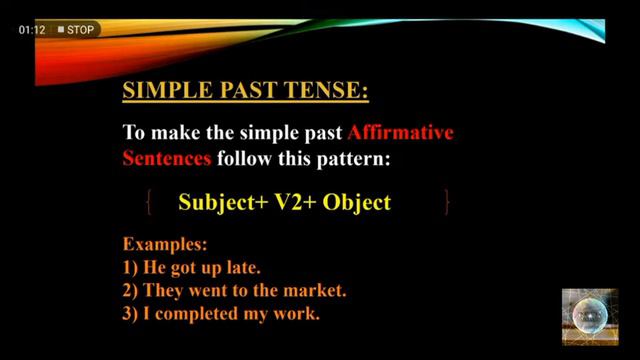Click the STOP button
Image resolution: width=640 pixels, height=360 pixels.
(x=76, y=29)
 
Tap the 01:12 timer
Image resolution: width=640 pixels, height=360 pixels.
(x=32, y=29)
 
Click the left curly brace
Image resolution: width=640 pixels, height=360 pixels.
(x=149, y=203)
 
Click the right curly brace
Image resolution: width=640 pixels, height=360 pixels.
(x=447, y=203)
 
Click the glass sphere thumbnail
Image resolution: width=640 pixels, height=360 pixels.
(x=589, y=316)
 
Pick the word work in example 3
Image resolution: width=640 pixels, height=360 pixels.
(x=298, y=314)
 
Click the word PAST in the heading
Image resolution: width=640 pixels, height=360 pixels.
(x=245, y=92)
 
